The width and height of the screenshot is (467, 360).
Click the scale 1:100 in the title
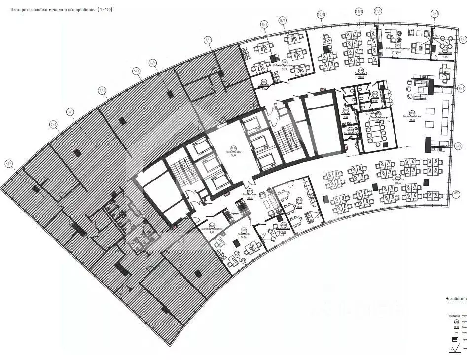pyautogui.click(x=104, y=9)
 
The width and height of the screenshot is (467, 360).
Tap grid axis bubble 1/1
pyautogui.click(x=8, y=163)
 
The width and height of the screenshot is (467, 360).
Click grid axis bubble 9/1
pyautogui.click(x=283, y=20)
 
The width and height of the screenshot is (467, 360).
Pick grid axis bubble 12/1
pyautogui.click(x=378, y=10)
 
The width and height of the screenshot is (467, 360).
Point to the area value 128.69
pyautogui.click(x=360, y=77)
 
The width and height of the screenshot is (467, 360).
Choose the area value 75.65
pyautogui.click(x=411, y=119)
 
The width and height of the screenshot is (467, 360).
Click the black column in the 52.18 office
pyautogui.click(x=273, y=58)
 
